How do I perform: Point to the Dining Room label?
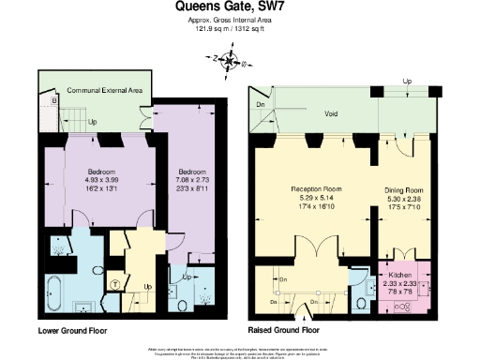[x=407, y=190]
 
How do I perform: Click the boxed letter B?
[x=54, y=98]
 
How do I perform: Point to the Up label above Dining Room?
[x=406, y=82]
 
